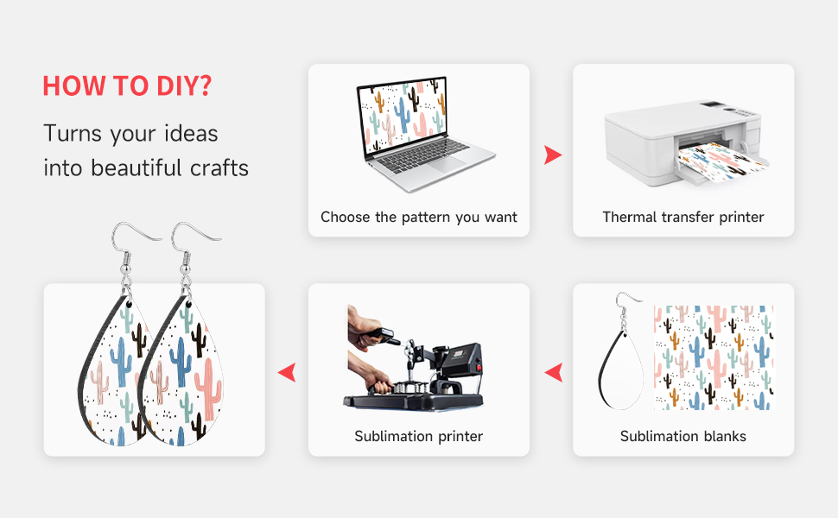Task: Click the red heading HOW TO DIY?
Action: [127, 86]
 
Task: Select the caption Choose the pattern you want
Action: [419, 218]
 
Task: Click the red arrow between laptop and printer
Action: [553, 155]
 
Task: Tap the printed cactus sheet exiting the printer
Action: [721, 161]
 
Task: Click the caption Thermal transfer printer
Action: [683, 218]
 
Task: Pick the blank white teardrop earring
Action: [621, 370]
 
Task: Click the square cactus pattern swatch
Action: [714, 357]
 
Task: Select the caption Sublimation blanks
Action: [683, 436]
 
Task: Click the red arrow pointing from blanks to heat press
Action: [554, 372]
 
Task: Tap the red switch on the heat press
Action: [479, 367]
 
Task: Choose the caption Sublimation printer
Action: [419, 436]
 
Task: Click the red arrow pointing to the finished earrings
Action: [287, 372]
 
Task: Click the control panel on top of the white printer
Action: [733, 109]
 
